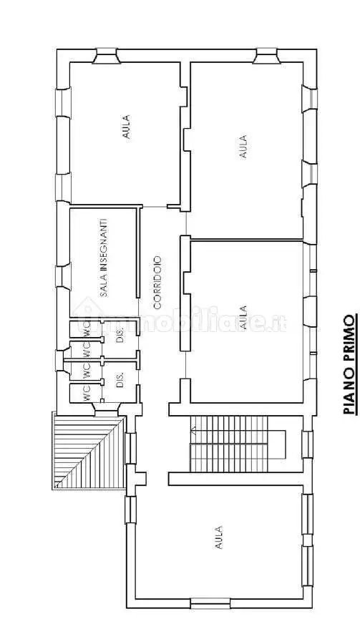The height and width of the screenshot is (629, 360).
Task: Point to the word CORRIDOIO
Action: click(x=157, y=283)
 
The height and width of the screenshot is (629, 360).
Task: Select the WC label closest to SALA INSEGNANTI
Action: click(x=87, y=329)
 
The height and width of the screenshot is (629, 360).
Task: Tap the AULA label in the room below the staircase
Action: click(x=219, y=537)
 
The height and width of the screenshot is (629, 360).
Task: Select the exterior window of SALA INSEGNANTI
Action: click(x=62, y=276)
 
